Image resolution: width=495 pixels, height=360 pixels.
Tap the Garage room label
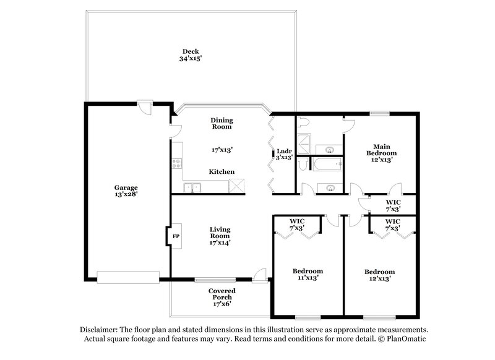click(125, 187)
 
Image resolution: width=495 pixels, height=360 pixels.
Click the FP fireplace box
click(175, 237)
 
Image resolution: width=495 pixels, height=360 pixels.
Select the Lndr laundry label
click(284, 150)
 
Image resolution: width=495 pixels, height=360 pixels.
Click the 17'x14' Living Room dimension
click(220, 242)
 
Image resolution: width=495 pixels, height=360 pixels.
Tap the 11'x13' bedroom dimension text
click(308, 278)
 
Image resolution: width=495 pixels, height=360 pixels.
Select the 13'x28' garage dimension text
click(125, 194)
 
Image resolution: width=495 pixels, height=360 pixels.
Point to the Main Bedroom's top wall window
click(379, 113)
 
